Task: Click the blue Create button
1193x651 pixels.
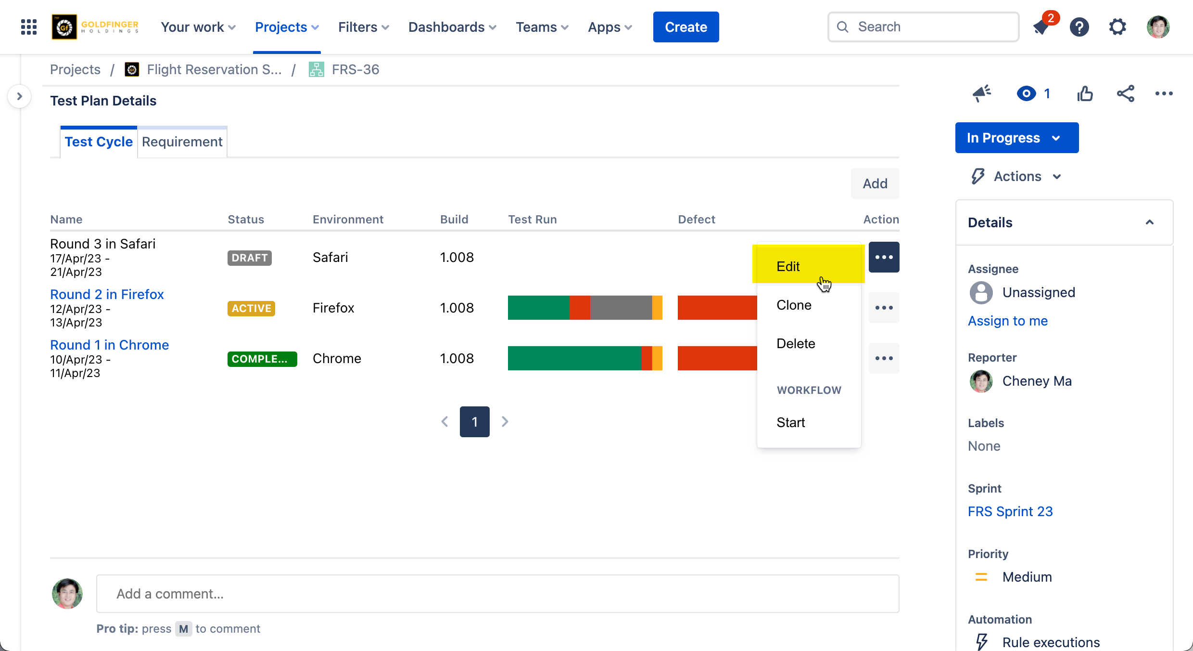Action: coord(685,27)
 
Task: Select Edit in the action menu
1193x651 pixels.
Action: coord(788,266)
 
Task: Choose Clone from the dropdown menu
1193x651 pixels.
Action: coord(794,305)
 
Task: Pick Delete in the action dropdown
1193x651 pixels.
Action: coord(796,343)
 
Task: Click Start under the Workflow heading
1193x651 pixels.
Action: coord(790,422)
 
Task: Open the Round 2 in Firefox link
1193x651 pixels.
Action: coord(107,294)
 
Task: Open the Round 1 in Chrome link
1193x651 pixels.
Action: coord(109,345)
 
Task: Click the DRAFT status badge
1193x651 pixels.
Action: coord(249,258)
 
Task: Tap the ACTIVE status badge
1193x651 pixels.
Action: coord(251,308)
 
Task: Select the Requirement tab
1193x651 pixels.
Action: coord(182,142)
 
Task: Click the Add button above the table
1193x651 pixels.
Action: coord(875,183)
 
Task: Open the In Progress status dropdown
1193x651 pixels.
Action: coord(1016,138)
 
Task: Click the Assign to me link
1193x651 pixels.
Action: coord(1007,321)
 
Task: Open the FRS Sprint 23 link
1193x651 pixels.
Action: coord(1010,511)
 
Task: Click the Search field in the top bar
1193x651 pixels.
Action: coord(923,27)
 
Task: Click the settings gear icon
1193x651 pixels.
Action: coord(1117,27)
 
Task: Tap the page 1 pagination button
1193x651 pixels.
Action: coord(474,422)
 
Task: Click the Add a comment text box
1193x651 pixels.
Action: coord(497,594)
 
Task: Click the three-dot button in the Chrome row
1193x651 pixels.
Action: coord(884,358)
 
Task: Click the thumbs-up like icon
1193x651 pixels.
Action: coord(1085,93)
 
